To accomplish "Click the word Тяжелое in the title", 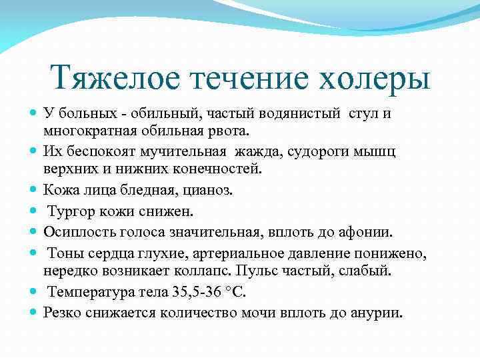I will pos(115,77).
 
